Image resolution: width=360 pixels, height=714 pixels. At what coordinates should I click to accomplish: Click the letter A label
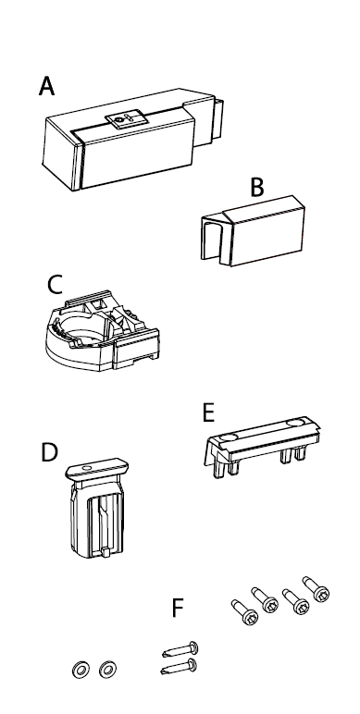pyautogui.click(x=46, y=86)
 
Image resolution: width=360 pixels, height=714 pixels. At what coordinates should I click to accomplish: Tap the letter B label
pyautogui.click(x=257, y=187)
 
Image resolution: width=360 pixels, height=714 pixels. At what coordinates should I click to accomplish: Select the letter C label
pyautogui.click(x=55, y=285)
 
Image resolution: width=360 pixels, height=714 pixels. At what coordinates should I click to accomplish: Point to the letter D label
pyautogui.click(x=49, y=452)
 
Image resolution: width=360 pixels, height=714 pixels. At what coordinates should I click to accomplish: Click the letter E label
pyautogui.click(x=208, y=413)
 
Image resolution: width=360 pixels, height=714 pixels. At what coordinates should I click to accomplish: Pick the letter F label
pyautogui.click(x=178, y=608)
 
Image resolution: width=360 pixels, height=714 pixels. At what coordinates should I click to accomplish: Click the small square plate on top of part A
pyautogui.click(x=126, y=118)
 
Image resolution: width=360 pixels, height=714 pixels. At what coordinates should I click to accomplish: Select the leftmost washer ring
pyautogui.click(x=81, y=669)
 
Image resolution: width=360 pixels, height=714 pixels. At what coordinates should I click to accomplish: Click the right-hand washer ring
pyautogui.click(x=107, y=669)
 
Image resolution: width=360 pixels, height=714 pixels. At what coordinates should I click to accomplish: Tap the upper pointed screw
pyautogui.click(x=180, y=650)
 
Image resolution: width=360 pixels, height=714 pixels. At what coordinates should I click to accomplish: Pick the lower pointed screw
pyautogui.click(x=180, y=667)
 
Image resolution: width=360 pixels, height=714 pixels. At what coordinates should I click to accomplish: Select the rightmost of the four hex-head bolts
pyautogui.click(x=317, y=589)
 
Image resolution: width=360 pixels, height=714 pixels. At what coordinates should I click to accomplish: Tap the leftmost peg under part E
pyautogui.click(x=218, y=469)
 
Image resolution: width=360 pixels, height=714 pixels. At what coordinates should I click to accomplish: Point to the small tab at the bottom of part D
pyautogui.click(x=106, y=551)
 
